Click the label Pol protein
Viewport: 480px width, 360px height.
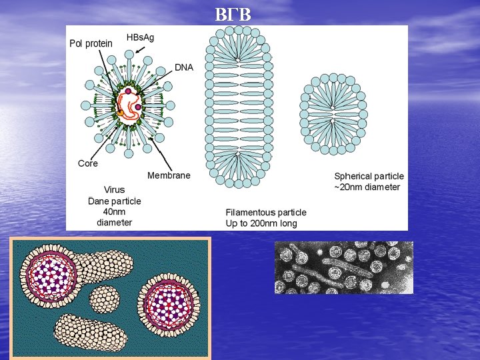91,43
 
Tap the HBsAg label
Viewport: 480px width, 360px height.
140,37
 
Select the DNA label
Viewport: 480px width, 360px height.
184,67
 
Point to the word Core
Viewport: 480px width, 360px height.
87,163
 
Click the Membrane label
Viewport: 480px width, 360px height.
169,175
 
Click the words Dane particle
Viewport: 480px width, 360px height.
115,201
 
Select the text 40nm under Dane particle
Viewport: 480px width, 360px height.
115,211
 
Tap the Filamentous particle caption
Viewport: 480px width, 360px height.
266,213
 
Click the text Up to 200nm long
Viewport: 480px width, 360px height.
261,223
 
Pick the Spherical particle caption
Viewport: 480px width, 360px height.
369,177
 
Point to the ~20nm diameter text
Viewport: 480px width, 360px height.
367,187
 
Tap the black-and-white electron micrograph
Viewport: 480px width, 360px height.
343,267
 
